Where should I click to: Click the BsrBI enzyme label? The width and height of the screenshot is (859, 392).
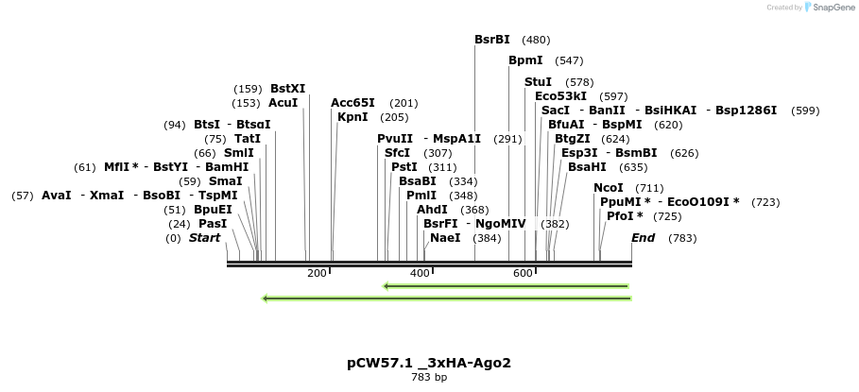491,40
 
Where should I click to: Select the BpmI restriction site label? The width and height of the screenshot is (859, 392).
525,60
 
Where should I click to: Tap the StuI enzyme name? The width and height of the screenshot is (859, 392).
538,82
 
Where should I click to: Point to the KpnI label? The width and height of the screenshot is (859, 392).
352,117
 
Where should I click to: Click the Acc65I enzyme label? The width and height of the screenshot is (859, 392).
352,103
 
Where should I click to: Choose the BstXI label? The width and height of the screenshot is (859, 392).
287,89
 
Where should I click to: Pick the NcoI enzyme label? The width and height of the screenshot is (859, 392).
609,188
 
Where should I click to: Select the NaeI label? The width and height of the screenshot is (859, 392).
445,238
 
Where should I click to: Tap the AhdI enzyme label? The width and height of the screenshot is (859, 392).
432,210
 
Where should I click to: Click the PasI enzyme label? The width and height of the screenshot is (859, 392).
213,224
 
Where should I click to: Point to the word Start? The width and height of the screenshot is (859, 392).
204,238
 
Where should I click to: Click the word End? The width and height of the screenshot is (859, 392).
644,238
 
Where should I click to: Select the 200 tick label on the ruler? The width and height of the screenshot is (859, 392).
317,273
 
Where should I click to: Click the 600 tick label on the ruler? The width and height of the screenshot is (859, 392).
523,273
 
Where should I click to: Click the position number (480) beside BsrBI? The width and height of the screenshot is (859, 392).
536,40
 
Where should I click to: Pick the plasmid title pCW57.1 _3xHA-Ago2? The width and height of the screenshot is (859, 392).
429,363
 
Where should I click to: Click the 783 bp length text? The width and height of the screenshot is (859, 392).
429,378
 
